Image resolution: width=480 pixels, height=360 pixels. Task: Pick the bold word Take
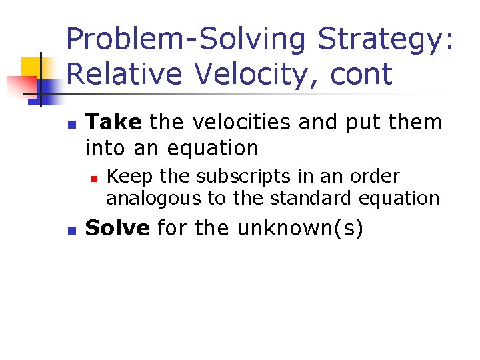(114, 122)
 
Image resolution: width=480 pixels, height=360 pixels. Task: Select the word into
(105, 147)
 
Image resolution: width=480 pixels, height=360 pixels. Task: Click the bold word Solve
(118, 228)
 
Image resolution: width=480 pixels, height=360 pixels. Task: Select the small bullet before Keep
(95, 178)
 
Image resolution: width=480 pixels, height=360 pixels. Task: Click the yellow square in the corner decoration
(31, 69)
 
